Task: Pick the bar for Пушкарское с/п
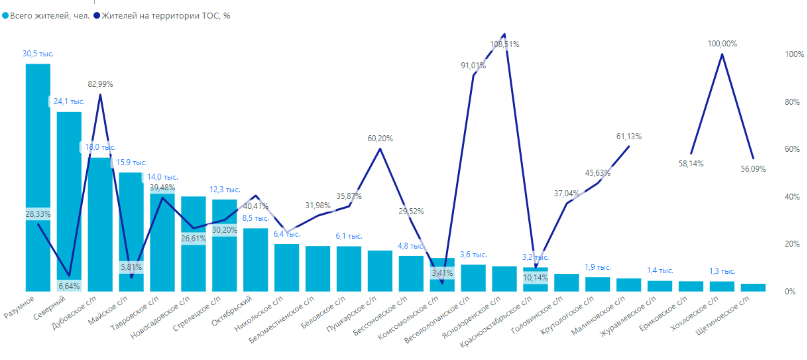point(380,270)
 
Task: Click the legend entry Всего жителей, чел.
point(46,15)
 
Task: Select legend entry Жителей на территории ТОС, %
point(166,15)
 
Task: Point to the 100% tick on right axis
point(794,54)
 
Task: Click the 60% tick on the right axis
point(794,149)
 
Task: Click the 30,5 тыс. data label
point(38,54)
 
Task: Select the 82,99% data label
point(100,84)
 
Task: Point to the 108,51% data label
point(504,44)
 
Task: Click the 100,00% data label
point(722,44)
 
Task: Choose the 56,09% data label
point(752,169)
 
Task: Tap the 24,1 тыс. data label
point(69,102)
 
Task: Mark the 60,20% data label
point(380,139)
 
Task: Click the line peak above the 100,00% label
point(722,54)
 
